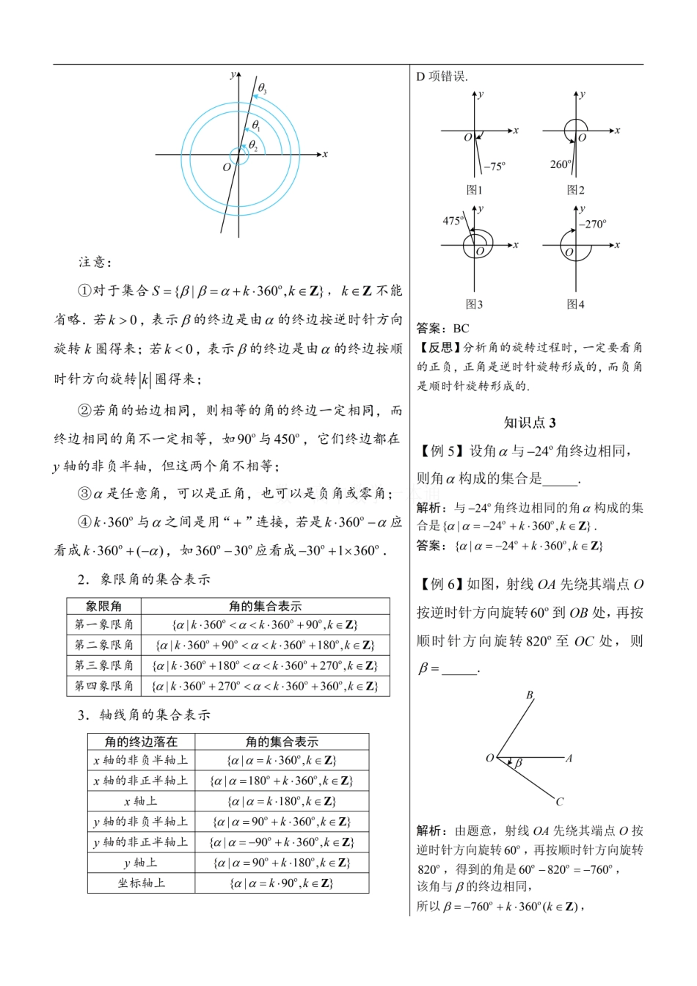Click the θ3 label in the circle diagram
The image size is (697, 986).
pyautogui.click(x=262, y=89)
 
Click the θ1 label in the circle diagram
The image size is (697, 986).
pyautogui.click(x=256, y=126)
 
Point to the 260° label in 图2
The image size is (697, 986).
pyautogui.click(x=561, y=164)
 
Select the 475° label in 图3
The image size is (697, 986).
pyautogui.click(x=453, y=221)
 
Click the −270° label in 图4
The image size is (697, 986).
pyautogui.click(x=592, y=224)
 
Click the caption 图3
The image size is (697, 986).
pyautogui.click(x=474, y=304)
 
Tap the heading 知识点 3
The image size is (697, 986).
pyautogui.click(x=530, y=423)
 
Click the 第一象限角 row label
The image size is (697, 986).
pyautogui.click(x=103, y=625)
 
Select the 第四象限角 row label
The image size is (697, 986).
pyautogui.click(x=103, y=686)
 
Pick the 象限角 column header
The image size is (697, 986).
pyautogui.click(x=103, y=606)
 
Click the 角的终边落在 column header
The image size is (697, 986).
pyautogui.click(x=141, y=742)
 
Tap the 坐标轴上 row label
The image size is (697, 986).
pyautogui.click(x=141, y=883)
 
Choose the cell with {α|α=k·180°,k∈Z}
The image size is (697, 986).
pyautogui.click(x=282, y=802)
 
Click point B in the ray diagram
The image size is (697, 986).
pyautogui.click(x=529, y=695)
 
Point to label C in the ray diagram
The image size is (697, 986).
pyautogui.click(x=560, y=802)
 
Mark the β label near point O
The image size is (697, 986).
pyautogui.click(x=518, y=764)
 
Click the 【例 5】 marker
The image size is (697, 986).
pyautogui.click(x=441, y=451)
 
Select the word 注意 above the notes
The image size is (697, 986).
pyautogui.click(x=93, y=262)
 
